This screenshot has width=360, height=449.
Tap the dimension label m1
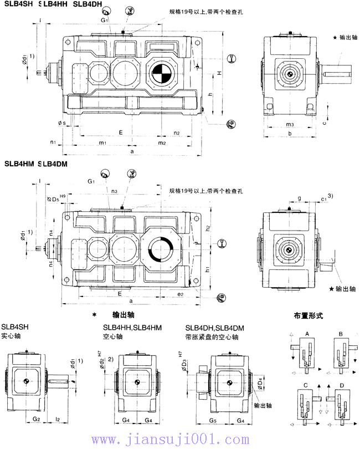click(103, 144)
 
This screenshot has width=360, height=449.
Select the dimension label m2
click(162, 144)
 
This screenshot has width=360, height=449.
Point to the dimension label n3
click(114, 191)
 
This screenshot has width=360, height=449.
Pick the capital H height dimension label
click(220, 73)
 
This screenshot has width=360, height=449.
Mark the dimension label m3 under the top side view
click(290, 124)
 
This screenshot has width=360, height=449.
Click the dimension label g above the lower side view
click(299, 197)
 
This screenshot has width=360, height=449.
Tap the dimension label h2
click(208, 228)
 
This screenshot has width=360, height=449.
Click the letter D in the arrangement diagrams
click(341, 384)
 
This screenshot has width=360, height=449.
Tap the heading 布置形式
click(308, 315)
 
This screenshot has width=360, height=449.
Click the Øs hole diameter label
click(61, 123)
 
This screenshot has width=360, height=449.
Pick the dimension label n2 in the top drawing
click(177, 133)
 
